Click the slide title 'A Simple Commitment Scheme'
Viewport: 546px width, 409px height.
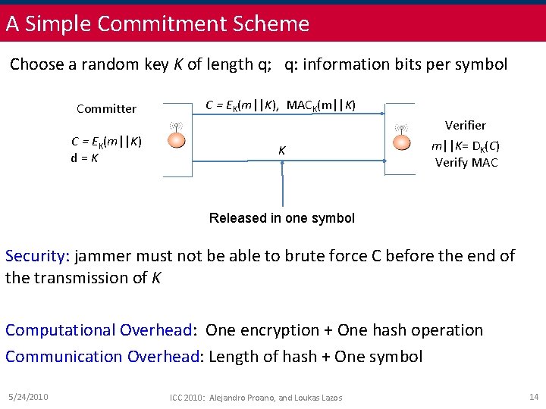pyautogui.click(x=158, y=23)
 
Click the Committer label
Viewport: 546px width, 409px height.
pyautogui.click(x=106, y=108)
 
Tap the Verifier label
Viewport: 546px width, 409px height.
pyautogui.click(x=465, y=125)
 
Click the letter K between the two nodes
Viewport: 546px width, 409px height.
pyautogui.click(x=281, y=151)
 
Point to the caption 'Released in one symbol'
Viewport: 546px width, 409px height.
pyautogui.click(x=281, y=218)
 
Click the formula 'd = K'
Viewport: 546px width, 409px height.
pyautogui.click(x=84, y=158)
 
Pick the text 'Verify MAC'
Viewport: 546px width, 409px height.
pyautogui.click(x=466, y=162)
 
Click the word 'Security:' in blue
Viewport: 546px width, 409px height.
pyautogui.click(x=36, y=256)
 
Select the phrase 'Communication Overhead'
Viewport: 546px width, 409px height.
pyautogui.click(x=102, y=356)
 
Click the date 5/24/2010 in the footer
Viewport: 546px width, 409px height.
pyautogui.click(x=27, y=397)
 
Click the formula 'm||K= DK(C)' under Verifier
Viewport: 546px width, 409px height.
pyautogui.click(x=466, y=145)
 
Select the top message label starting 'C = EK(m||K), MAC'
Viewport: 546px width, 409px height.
pyautogui.click(x=281, y=105)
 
